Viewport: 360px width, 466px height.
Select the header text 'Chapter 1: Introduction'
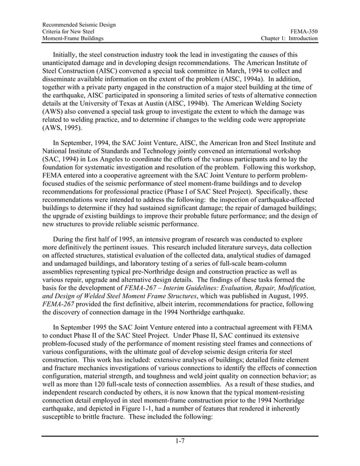click(x=289, y=38)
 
